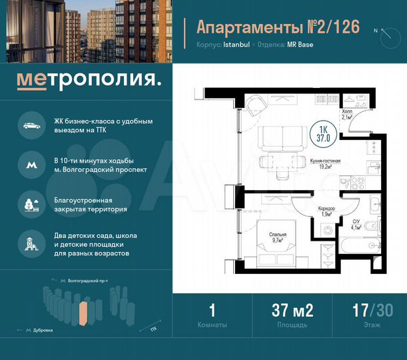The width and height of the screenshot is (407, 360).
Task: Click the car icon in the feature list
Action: pyautogui.click(x=31, y=125)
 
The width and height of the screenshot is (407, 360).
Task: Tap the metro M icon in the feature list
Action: pyautogui.click(x=31, y=164)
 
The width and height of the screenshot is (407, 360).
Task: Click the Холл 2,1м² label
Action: pyautogui.click(x=346, y=115)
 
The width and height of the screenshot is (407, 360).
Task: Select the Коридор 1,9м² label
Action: pyautogui.click(x=326, y=212)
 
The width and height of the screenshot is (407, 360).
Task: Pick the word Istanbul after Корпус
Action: pyautogui.click(x=235, y=45)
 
